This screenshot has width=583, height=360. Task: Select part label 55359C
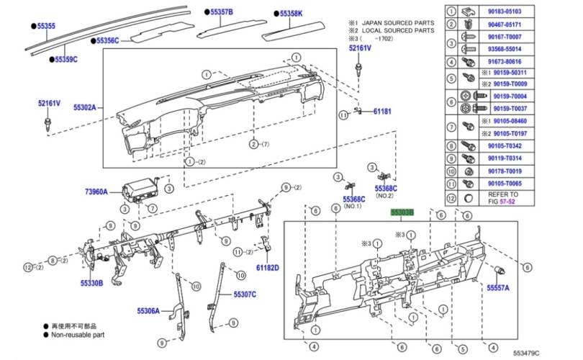[x=65, y=58]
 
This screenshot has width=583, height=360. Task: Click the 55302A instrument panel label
[x=87, y=108]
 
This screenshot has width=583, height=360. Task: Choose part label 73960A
[x=96, y=192]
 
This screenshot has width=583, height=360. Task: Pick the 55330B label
[x=91, y=283]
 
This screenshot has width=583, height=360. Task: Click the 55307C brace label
[x=245, y=294]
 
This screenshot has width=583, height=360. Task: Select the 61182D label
[x=266, y=268]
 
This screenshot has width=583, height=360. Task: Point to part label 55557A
[x=497, y=287]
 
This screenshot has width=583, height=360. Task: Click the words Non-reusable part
[x=78, y=335]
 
